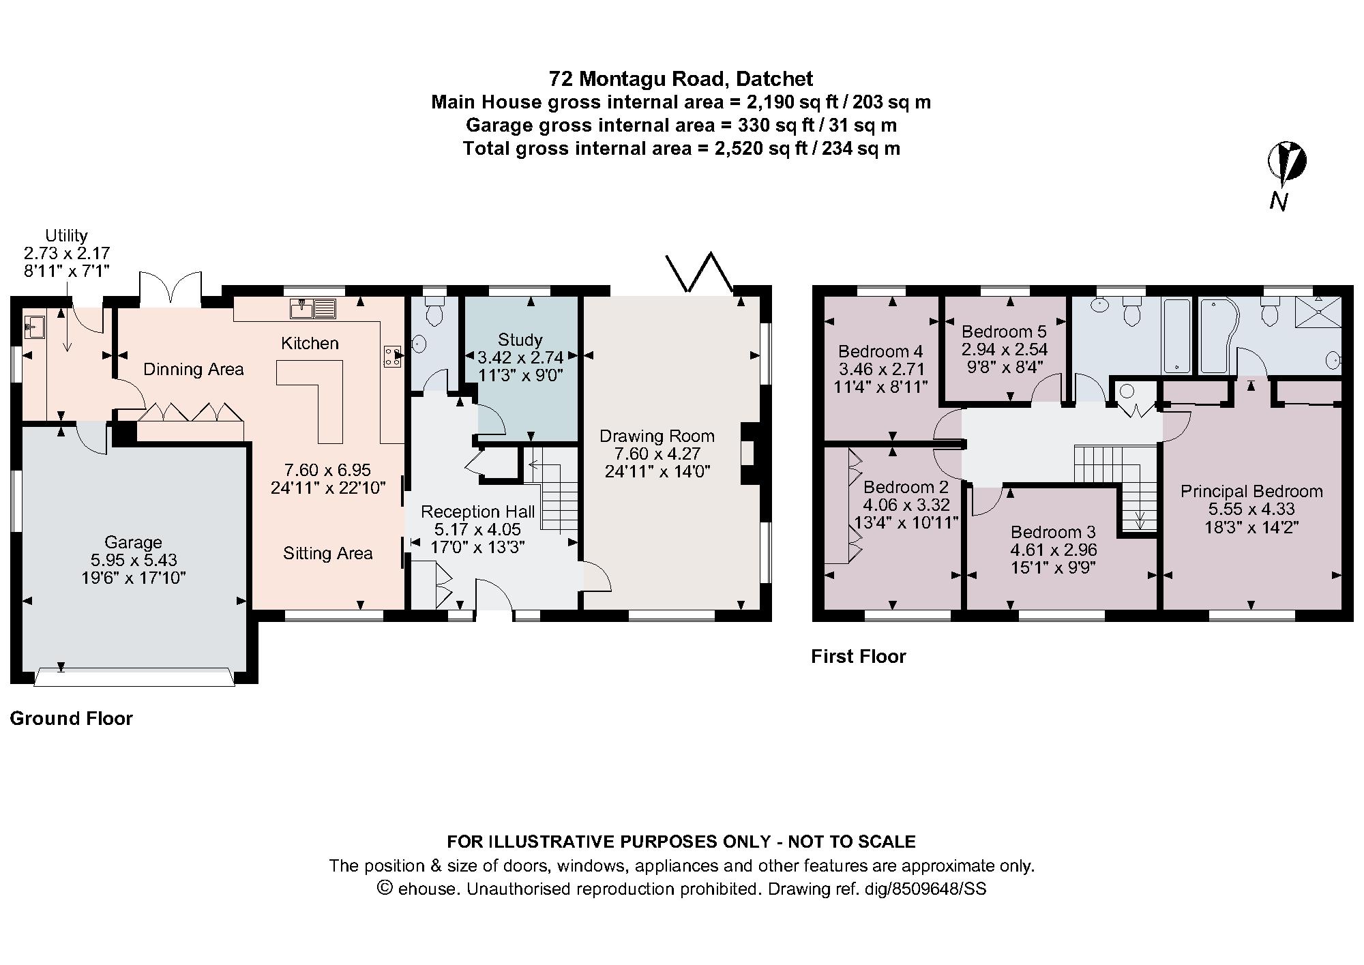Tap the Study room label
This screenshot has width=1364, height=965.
point(520,340)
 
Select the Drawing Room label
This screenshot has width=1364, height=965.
point(657,436)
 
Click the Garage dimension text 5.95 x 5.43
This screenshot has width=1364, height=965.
point(134,560)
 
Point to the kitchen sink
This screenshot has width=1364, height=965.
point(313,308)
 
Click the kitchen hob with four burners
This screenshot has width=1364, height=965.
point(393,356)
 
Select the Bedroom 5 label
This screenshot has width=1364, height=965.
point(1004,332)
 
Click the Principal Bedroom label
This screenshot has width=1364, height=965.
point(1251,491)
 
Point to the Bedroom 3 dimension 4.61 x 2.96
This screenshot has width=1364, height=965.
point(1053,550)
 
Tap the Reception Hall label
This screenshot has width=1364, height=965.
point(477,511)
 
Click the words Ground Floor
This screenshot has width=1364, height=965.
point(71,718)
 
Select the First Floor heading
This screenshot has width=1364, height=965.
point(858,656)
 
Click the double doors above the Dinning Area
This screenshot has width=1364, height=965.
point(170,290)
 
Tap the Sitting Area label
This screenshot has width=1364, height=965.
point(327,553)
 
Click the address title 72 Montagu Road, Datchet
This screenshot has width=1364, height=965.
point(681,79)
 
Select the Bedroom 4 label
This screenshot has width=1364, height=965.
point(880,351)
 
